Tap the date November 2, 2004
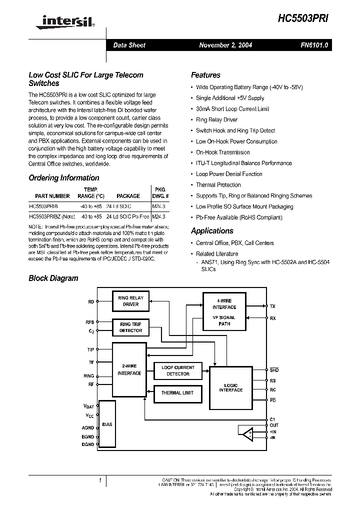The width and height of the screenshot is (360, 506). click(x=225, y=45)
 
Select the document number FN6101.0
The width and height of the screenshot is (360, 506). click(x=314, y=45)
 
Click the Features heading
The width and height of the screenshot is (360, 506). click(x=205, y=75)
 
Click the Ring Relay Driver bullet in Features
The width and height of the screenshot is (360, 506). click(x=216, y=120)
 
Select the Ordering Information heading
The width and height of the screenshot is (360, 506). click(x=63, y=178)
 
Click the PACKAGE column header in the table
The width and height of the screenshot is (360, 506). click(x=128, y=196)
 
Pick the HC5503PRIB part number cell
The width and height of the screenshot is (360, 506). click(x=43, y=205)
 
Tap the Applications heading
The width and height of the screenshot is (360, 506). click(x=212, y=231)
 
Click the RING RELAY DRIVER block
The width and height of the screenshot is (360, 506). click(x=130, y=301)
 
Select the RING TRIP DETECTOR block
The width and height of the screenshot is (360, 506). click(x=130, y=327)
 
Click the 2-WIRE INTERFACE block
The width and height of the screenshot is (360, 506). click(x=129, y=369)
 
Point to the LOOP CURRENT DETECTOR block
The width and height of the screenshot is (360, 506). click(x=178, y=370)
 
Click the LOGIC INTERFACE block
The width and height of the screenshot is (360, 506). click(x=231, y=387)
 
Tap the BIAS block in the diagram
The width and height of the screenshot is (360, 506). click(x=107, y=424)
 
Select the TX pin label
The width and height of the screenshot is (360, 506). click(x=272, y=306)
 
